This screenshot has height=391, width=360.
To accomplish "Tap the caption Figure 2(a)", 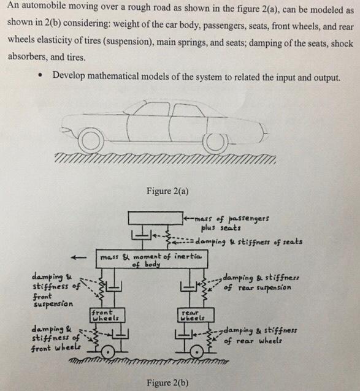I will click(x=167, y=191).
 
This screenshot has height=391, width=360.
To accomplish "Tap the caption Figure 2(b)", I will click(x=167, y=383).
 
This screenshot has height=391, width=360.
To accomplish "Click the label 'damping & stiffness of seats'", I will click(x=248, y=241).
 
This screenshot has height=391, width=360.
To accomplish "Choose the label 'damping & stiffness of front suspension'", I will click(x=54, y=290).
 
